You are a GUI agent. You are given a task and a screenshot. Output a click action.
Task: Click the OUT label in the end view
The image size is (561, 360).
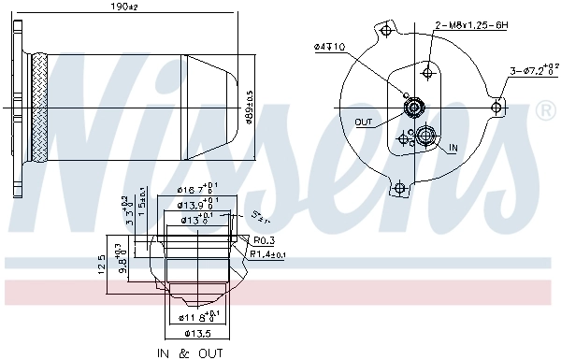365,122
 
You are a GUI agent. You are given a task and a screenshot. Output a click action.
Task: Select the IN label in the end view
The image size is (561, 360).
453,148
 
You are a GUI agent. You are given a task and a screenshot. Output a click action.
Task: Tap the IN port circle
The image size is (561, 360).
426,137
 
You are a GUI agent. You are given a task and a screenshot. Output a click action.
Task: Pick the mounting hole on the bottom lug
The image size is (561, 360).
399,190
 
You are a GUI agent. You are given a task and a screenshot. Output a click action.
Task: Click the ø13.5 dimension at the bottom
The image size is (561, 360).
197,333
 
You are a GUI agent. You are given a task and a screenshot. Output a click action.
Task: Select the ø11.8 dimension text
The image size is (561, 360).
198,318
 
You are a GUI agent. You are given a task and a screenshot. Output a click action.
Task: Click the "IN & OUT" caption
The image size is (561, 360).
190,353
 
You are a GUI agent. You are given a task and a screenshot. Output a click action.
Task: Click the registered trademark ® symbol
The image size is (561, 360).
546,112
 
